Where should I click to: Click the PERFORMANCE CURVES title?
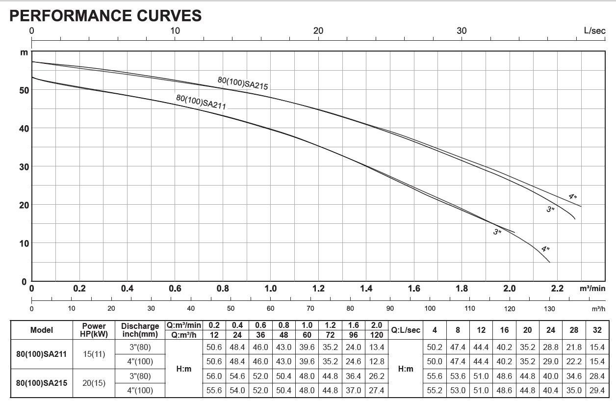tap(105, 15)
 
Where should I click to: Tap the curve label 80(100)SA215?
tap(243, 83)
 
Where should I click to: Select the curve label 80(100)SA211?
tap(201, 102)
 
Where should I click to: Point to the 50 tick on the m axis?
tap(24, 90)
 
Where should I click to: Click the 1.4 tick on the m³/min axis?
tap(366, 289)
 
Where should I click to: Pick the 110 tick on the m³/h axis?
tap(470, 308)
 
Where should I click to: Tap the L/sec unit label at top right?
tap(594, 30)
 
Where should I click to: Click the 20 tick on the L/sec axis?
tap(318, 30)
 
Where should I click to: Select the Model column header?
tap(42, 330)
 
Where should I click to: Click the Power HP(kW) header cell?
tap(94, 330)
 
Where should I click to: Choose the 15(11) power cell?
tap(94, 354)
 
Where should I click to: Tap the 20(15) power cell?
tap(94, 383)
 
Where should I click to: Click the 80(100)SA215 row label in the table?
tap(42, 383)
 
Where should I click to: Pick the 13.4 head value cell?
tap(377, 347)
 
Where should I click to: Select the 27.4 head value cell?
tap(377, 390)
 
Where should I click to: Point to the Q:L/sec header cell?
tap(406, 330)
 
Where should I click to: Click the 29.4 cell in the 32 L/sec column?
tap(597, 390)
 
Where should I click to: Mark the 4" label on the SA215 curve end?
tap(572, 196)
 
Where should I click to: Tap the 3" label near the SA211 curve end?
tap(497, 232)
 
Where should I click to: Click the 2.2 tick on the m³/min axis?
tap(558, 289)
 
